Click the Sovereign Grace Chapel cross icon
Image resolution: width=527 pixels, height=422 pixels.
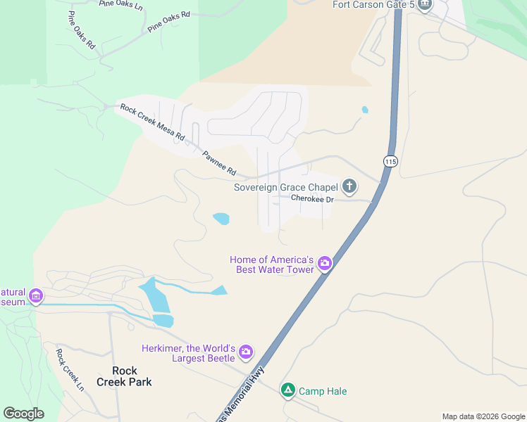click(349, 187)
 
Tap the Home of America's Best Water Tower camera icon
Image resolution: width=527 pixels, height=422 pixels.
click(325, 264)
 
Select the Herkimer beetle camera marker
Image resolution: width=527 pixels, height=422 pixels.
click(245, 351)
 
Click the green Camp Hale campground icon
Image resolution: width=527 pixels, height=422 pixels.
click(287, 390)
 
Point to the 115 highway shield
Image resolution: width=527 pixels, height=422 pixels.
click(390, 162)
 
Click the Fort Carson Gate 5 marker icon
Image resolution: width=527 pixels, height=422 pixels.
click(424, 6)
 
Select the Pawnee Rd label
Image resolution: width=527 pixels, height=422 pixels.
click(219, 164)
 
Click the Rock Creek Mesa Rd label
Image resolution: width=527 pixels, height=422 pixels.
click(152, 122)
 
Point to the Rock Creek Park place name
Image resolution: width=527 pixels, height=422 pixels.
click(132, 376)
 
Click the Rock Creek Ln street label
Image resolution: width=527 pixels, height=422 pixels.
click(70, 370)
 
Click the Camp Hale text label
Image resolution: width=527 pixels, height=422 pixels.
click(323, 391)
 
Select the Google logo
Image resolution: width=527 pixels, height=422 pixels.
click(23, 414)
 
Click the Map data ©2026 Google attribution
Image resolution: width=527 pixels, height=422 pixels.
click(483, 416)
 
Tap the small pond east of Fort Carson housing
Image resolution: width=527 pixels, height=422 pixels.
click(364, 110)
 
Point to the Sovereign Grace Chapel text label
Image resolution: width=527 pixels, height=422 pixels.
click(287, 187)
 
